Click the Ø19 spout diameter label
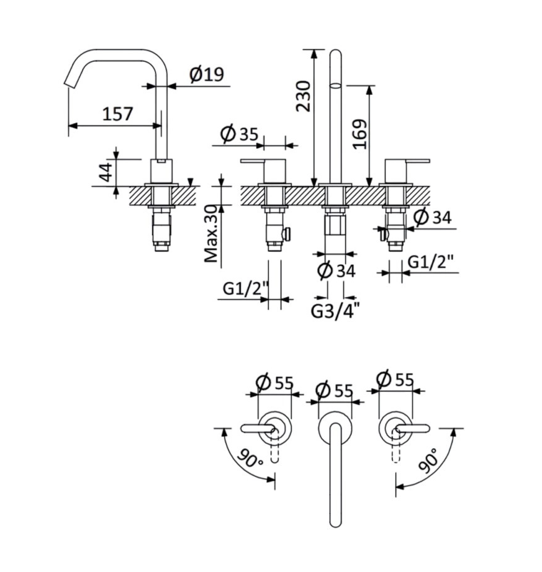point(206,74)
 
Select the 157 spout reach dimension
point(117,114)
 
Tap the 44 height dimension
point(106,172)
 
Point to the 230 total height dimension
point(304,96)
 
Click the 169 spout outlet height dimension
point(360,134)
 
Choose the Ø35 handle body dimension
point(240,133)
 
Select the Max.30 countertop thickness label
point(211,234)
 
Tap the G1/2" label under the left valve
point(246,289)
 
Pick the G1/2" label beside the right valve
point(430,262)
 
